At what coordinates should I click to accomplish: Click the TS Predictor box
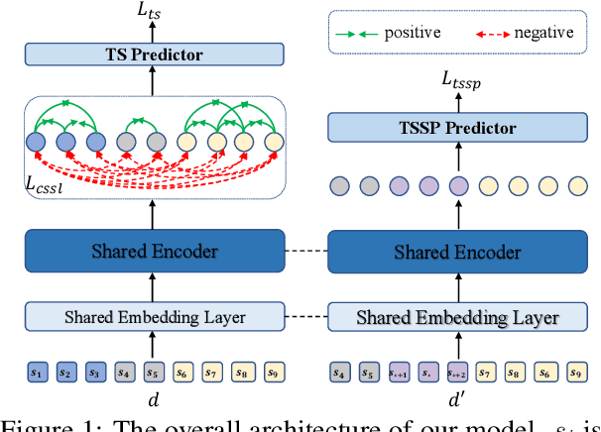tap(153, 55)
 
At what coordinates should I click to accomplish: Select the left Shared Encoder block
tap(153, 252)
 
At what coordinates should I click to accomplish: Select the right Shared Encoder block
tap(457, 252)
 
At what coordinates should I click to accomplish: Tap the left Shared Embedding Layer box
tap(153, 317)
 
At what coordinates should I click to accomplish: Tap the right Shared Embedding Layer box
tap(457, 317)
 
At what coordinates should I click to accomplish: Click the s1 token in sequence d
tap(37, 373)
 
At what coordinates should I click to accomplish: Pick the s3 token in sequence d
tap(94, 373)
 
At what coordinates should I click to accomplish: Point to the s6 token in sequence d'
tap(543, 373)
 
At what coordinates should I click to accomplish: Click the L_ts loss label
tap(153, 12)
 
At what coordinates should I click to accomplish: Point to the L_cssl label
tap(44, 181)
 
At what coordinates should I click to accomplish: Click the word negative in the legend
tap(543, 33)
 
